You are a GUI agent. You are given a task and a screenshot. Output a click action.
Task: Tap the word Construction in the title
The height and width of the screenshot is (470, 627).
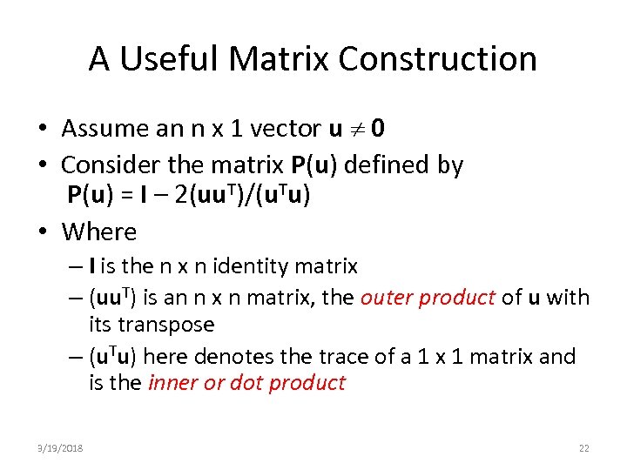coord(437,59)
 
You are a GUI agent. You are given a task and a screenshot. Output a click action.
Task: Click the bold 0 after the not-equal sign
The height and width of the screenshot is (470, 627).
coord(379,129)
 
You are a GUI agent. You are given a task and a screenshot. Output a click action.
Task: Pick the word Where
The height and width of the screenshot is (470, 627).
coord(99,232)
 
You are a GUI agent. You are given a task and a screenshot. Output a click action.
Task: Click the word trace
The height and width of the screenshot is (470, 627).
coord(375,357)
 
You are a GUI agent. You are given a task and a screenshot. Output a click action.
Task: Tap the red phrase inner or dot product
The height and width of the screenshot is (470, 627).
coord(247,383)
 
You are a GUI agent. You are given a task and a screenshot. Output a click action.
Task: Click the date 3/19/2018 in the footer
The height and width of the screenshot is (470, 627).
coord(60,447)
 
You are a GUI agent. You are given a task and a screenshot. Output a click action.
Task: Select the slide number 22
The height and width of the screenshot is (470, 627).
coord(583,447)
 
